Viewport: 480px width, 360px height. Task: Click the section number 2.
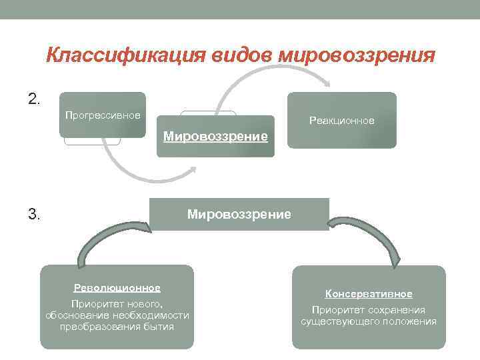(35, 99)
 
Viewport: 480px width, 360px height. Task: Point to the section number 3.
(35, 215)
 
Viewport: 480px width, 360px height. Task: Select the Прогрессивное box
(103, 115)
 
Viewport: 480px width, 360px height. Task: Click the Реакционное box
(341, 120)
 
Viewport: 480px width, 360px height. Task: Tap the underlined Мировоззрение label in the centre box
(215, 137)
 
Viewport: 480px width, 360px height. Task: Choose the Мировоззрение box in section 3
(239, 215)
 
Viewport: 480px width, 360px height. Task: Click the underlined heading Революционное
(117, 288)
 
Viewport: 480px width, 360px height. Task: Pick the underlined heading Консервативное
(369, 294)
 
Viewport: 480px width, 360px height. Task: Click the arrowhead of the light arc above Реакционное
(327, 83)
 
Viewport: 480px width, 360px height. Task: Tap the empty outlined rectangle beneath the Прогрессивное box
(92, 141)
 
